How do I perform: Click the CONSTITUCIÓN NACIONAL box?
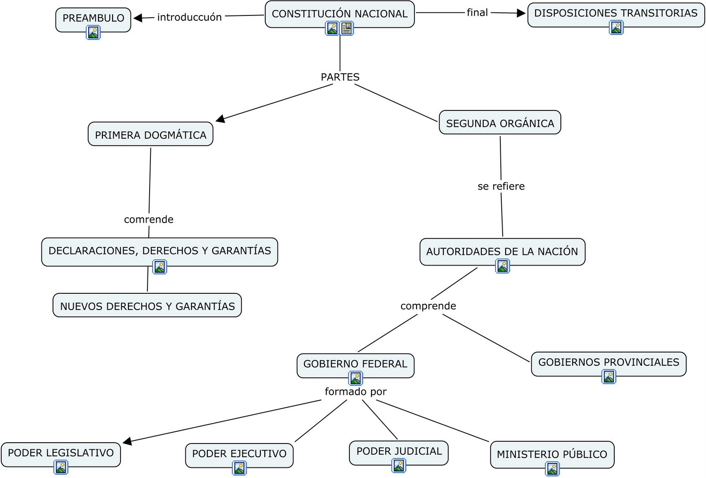click(x=339, y=14)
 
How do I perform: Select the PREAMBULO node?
click(x=93, y=18)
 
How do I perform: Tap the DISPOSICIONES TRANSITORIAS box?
click(x=616, y=13)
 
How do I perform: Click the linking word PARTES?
click(x=340, y=77)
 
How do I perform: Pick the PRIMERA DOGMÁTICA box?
click(x=150, y=135)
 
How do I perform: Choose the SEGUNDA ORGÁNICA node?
click(x=499, y=123)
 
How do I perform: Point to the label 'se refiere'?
click(x=501, y=186)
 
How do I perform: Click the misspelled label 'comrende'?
click(x=148, y=220)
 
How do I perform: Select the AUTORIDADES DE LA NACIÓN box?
click(x=502, y=251)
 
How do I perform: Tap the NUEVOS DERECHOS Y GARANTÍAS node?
click(x=147, y=306)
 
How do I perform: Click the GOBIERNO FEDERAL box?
click(x=355, y=364)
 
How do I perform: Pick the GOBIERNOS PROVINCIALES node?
click(x=608, y=362)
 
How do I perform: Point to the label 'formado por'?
click(x=355, y=392)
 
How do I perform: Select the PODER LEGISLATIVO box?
click(x=60, y=453)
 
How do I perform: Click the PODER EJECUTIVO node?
click(x=239, y=454)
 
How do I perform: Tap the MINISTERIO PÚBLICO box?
click(x=552, y=454)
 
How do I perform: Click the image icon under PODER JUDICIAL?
click(x=399, y=466)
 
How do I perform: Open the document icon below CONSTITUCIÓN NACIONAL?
click(x=347, y=28)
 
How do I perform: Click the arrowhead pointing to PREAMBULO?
click(x=138, y=18)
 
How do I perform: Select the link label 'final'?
click(x=477, y=12)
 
